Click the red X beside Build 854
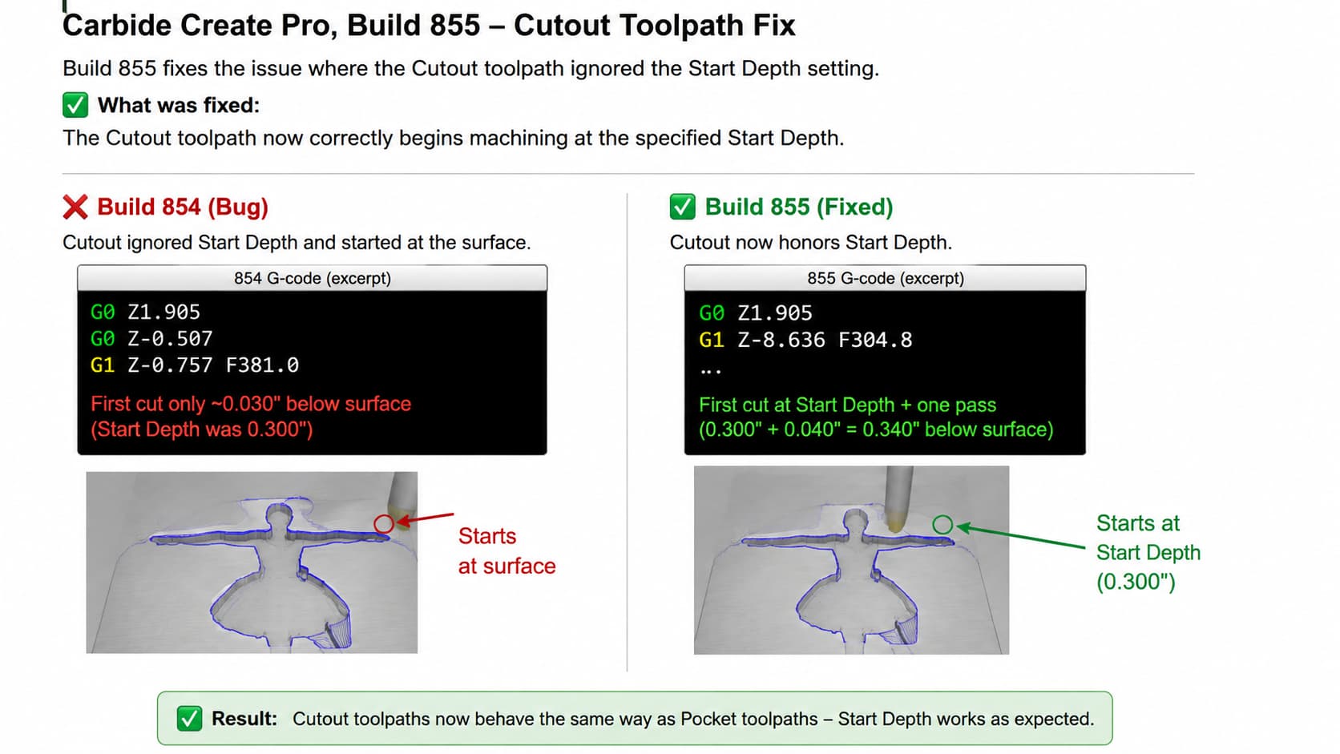(x=75, y=207)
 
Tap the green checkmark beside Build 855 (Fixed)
(x=682, y=207)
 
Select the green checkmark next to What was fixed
(x=75, y=105)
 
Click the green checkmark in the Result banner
(x=189, y=718)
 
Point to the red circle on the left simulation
(x=383, y=524)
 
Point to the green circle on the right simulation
(x=942, y=525)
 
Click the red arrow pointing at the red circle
(x=426, y=518)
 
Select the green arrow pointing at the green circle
(x=1020, y=536)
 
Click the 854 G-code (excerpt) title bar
(x=313, y=278)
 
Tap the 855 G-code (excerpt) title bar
(x=886, y=278)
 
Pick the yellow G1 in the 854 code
(x=103, y=365)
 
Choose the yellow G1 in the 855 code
(x=712, y=340)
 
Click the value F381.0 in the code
(x=263, y=365)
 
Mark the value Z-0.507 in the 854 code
(x=170, y=338)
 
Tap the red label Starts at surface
(x=507, y=550)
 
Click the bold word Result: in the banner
(x=244, y=718)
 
